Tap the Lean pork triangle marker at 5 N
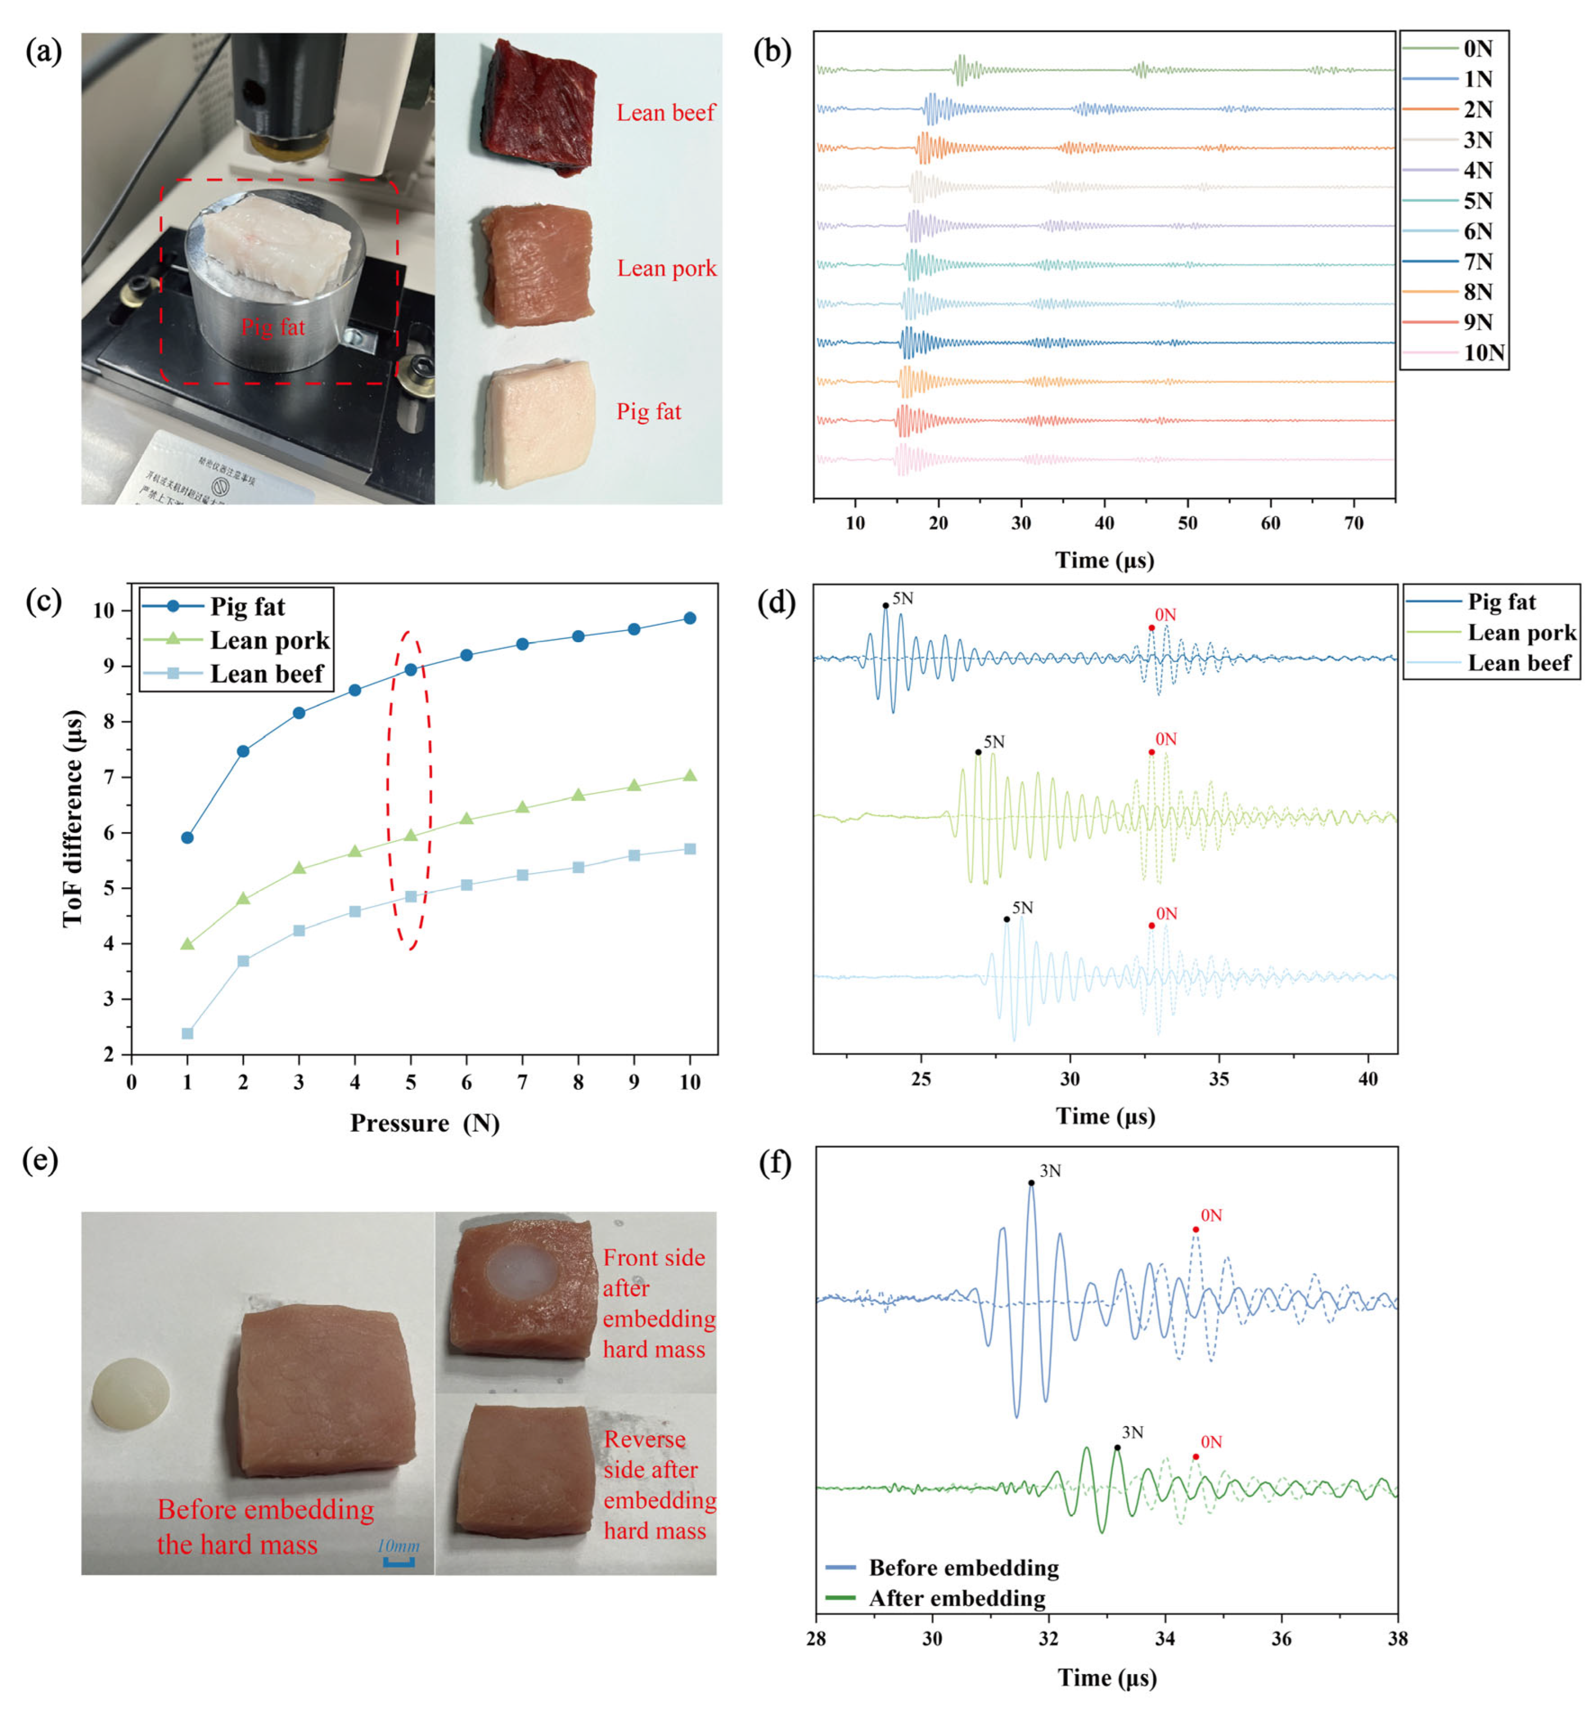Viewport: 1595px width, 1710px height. click(410, 835)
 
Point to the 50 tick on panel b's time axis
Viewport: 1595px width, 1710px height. click(1187, 523)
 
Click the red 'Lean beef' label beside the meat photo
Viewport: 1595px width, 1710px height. click(665, 112)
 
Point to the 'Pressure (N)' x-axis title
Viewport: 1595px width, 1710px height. click(424, 1123)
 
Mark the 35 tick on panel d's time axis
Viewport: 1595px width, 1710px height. click(1218, 1079)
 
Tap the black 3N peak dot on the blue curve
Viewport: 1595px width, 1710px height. click(1031, 1183)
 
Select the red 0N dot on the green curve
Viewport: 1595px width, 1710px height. click(1195, 1457)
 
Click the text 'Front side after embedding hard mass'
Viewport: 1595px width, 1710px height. click(658, 1303)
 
